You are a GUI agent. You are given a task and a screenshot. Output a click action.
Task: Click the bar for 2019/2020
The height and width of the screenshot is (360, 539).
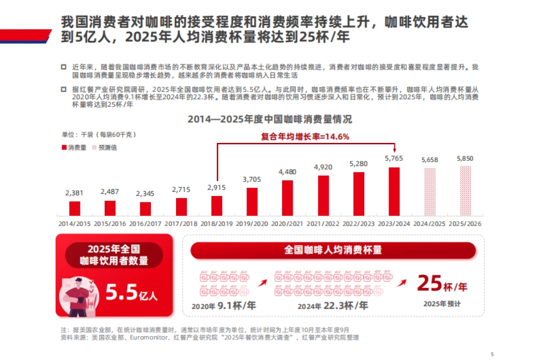(x=252, y=201)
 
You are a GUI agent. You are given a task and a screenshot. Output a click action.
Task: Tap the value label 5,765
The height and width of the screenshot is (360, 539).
(x=394, y=158)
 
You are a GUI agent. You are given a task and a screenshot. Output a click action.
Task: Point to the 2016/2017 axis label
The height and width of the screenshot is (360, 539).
(x=145, y=223)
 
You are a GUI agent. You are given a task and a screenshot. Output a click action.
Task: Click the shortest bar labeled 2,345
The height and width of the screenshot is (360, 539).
(x=146, y=209)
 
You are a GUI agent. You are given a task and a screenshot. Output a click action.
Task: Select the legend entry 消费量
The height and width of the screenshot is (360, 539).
(x=74, y=147)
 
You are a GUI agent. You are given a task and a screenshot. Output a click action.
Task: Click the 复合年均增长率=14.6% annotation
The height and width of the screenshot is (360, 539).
(x=305, y=137)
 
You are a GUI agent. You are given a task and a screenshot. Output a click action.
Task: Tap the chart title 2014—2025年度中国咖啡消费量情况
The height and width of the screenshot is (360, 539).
(x=269, y=119)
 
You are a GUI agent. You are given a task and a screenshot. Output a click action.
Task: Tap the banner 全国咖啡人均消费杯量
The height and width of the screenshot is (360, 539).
(x=333, y=250)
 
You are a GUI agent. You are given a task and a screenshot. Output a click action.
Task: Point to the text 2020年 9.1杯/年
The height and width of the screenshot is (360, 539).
(x=224, y=306)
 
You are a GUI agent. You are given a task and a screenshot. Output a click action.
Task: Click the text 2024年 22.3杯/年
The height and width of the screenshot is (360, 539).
(x=333, y=306)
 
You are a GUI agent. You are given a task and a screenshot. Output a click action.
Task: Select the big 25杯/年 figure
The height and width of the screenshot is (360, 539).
(x=442, y=284)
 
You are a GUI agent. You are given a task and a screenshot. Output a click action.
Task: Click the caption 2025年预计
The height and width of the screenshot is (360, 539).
(x=442, y=304)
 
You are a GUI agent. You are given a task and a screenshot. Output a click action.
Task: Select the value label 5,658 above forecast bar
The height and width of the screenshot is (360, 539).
(x=429, y=160)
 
